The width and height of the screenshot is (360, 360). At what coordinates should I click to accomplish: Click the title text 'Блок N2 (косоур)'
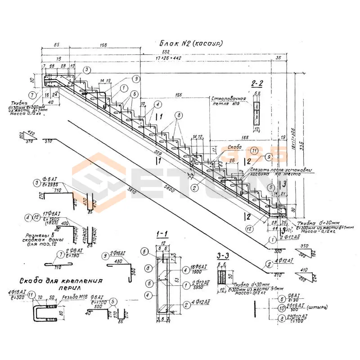(192, 44)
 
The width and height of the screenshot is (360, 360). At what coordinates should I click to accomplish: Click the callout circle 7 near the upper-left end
(31, 95)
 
